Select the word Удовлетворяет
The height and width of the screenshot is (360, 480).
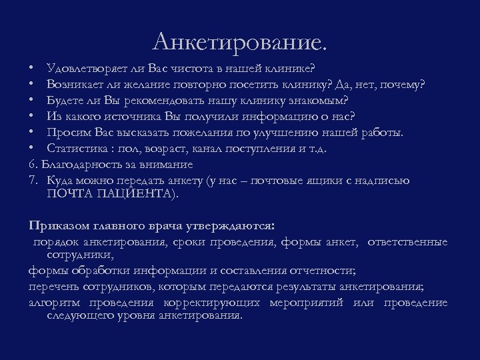point(83,68)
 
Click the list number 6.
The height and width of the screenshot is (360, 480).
point(33,164)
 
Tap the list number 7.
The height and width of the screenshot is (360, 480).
point(33,180)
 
